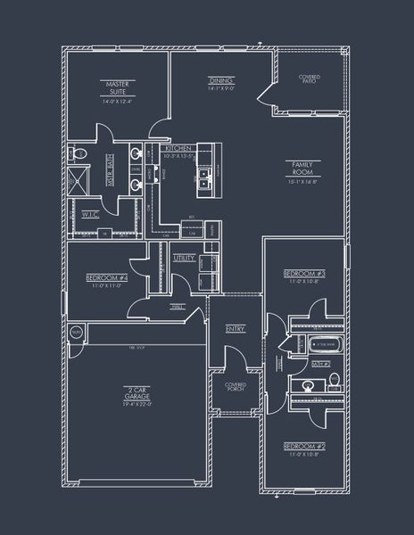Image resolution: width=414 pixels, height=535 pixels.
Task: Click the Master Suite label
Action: [x=119, y=87]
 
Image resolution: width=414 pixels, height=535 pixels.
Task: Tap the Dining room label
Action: [x=220, y=80]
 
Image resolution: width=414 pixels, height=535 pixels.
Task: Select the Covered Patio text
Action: [x=310, y=79]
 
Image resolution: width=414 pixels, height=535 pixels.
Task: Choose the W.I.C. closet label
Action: [x=91, y=214]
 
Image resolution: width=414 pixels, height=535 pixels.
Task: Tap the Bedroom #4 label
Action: [x=105, y=278]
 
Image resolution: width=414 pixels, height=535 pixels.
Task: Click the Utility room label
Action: [x=185, y=258]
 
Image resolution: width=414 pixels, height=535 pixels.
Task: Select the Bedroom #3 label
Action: [x=303, y=273]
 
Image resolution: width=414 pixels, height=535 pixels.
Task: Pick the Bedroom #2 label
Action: [x=303, y=445]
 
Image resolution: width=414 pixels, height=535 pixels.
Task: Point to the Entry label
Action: [x=235, y=329]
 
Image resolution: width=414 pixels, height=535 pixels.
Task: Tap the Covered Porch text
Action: [x=236, y=386]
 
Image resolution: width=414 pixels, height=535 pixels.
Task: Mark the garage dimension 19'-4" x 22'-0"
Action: [x=137, y=404]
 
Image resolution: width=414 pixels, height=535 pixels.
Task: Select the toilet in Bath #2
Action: [x=334, y=382]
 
